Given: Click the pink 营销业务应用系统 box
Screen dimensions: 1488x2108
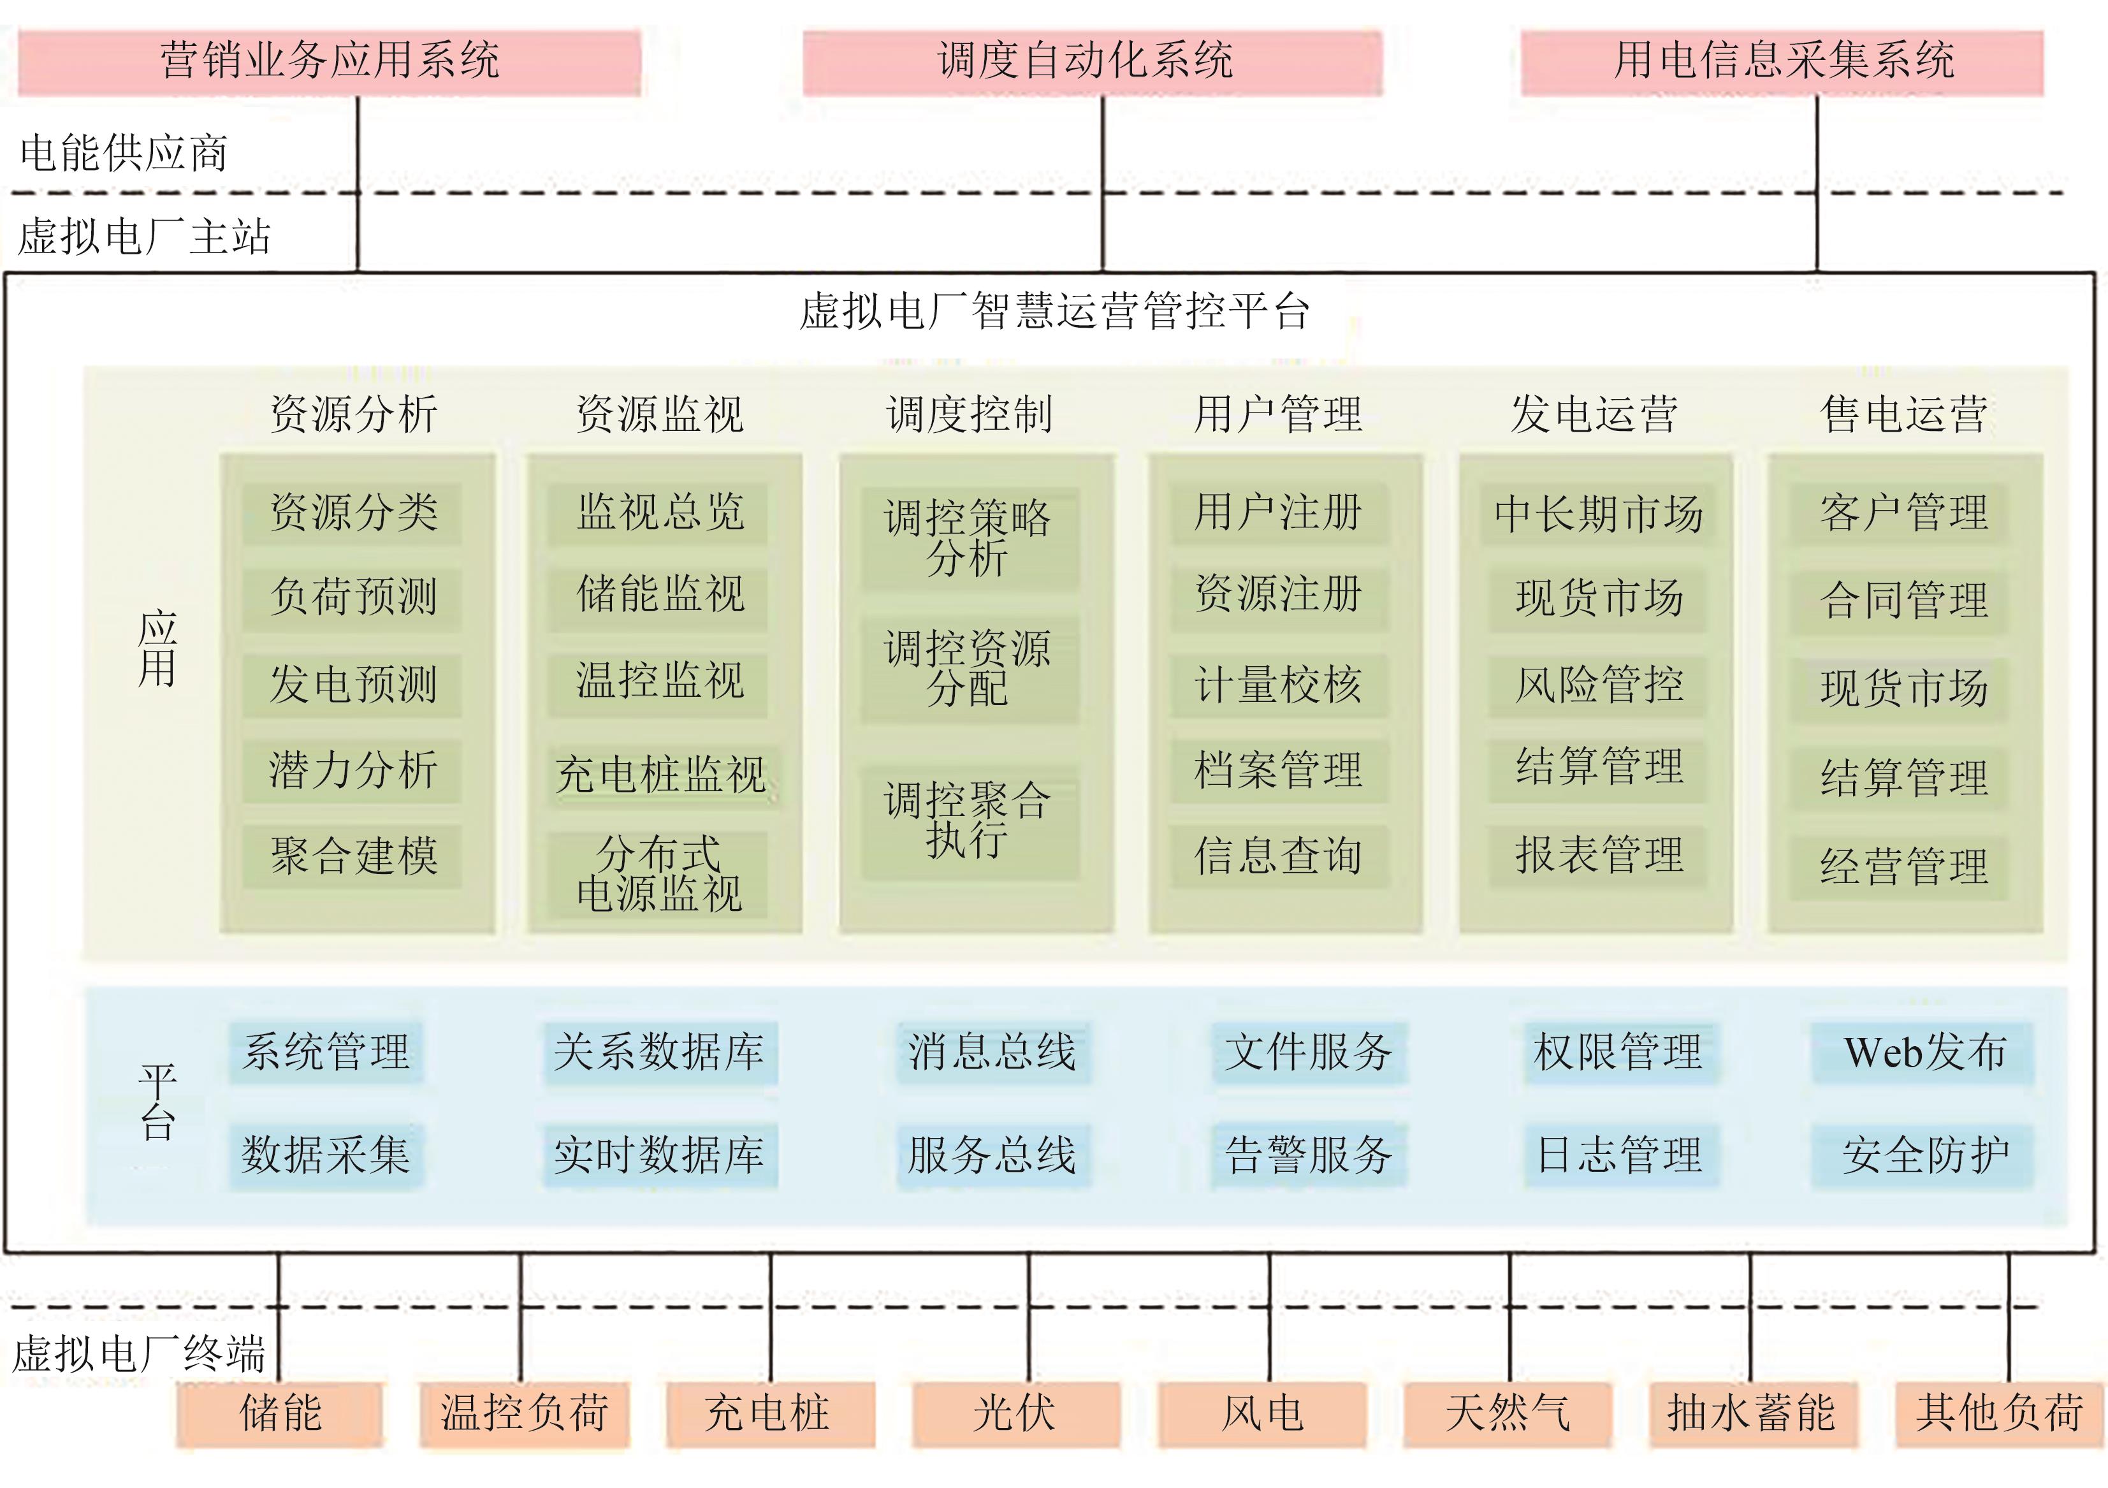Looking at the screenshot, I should (x=329, y=62).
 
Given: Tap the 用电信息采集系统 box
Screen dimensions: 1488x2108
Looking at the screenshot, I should (x=1781, y=62).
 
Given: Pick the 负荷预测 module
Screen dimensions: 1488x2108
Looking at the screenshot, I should (x=353, y=598).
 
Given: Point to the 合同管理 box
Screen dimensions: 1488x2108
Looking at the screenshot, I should (x=1903, y=601).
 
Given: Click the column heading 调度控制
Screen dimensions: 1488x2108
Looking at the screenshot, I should (x=969, y=414).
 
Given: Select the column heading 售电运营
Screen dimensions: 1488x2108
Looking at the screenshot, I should (x=1903, y=414).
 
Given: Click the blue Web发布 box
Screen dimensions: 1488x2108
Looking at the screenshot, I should (x=1923, y=1053).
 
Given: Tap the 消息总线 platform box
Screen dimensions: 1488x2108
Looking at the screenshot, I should (x=992, y=1053).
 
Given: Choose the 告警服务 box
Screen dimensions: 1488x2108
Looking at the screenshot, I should (x=1308, y=1155).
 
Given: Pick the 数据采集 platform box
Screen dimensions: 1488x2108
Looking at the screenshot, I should (x=326, y=1155).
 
